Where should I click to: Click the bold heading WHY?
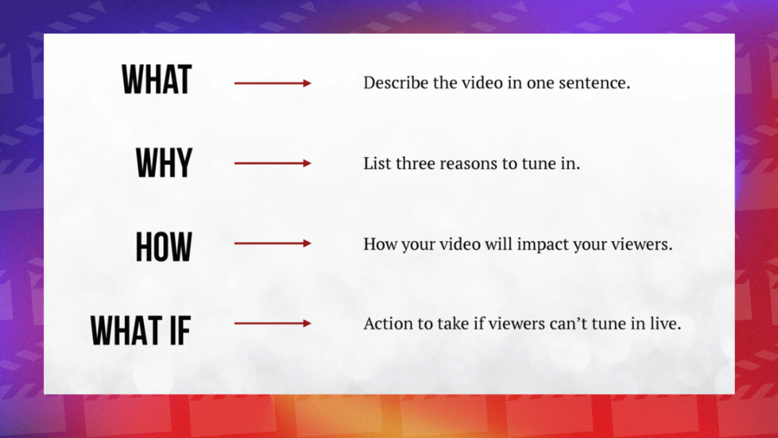click(164, 163)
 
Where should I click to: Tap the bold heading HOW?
click(164, 246)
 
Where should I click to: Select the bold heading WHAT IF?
click(141, 330)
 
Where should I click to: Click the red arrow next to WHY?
click(272, 163)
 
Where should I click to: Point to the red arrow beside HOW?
click(272, 243)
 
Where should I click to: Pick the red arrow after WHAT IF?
click(272, 323)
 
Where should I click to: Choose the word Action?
click(385, 323)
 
